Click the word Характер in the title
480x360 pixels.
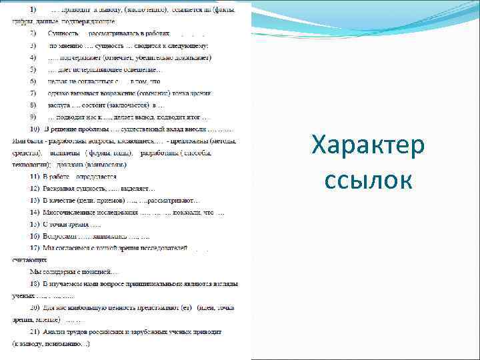[367, 147]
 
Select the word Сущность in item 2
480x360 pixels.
[63, 33]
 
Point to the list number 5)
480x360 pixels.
[33, 69]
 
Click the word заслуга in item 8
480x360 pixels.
[59, 105]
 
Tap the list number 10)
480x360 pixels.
[34, 128]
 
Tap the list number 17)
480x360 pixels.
[34, 248]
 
